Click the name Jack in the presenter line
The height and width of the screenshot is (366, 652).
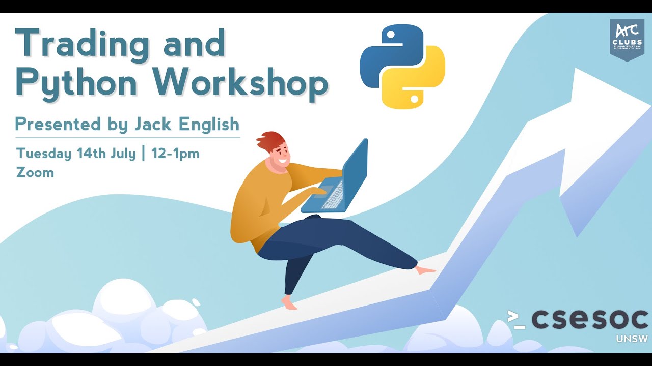point(151,124)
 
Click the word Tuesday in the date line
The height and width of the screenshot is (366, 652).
point(44,154)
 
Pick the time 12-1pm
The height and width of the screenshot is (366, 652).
point(175,154)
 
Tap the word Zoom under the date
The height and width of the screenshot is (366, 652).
point(35,172)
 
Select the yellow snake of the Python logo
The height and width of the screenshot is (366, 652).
point(418,81)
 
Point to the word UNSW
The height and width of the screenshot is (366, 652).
point(632,339)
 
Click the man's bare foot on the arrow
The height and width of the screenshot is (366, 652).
point(425,270)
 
